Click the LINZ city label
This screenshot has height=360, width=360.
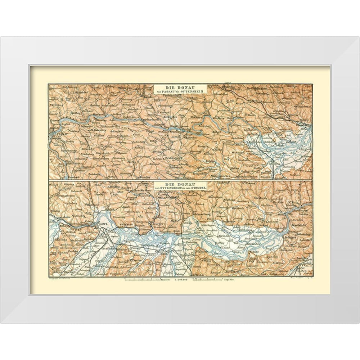coord(103,224)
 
